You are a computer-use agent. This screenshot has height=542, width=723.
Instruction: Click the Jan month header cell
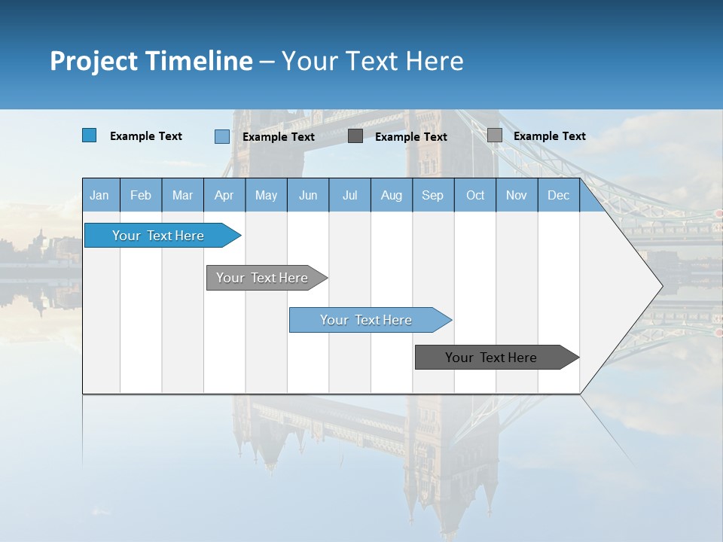click(100, 195)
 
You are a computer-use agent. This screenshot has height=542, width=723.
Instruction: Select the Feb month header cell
click(141, 195)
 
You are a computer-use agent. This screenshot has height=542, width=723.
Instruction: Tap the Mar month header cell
click(182, 195)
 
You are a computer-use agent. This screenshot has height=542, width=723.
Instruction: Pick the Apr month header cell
click(224, 195)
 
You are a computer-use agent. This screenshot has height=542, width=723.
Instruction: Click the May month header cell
click(266, 195)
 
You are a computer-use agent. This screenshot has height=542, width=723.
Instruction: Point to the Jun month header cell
click(308, 195)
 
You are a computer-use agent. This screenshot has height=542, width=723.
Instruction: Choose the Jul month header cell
click(349, 195)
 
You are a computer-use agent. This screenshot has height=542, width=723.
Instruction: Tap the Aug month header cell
click(392, 195)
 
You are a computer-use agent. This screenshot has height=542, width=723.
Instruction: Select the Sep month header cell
click(433, 195)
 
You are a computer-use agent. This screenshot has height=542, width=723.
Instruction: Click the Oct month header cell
click(475, 195)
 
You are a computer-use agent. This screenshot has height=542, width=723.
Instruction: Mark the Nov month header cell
click(517, 195)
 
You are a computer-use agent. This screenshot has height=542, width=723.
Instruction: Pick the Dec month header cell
click(559, 195)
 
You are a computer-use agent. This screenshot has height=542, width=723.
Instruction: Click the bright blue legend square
click(90, 135)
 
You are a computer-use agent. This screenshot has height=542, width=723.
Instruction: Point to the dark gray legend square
click(355, 136)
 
